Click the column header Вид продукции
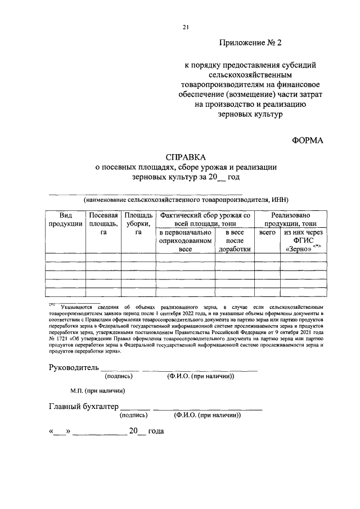click(65, 219)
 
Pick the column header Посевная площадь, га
click(103, 224)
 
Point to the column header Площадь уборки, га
click(138, 224)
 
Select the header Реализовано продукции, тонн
click(290, 219)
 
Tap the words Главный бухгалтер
click(84, 407)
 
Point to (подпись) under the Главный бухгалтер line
click(134, 416)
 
